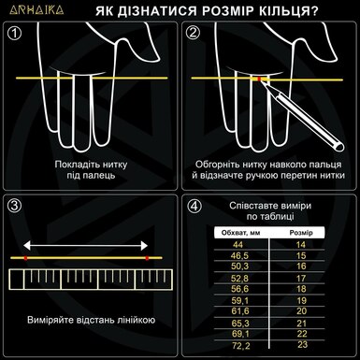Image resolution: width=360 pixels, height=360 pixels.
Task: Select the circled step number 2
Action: coord(193,35)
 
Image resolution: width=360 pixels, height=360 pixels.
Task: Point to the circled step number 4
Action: coord(193,206)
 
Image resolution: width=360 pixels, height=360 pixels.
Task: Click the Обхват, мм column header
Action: coord(238,231)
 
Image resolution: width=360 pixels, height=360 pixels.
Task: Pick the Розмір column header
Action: coord(300,231)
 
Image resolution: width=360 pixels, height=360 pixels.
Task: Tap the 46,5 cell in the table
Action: coord(239,253)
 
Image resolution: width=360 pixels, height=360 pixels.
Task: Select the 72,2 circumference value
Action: coord(239,345)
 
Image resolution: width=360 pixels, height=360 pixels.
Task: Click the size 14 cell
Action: coord(301,243)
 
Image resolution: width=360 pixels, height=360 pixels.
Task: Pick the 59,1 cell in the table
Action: coord(239,299)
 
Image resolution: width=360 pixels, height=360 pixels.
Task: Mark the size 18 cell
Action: coord(301,288)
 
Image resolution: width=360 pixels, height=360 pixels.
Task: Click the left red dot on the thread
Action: coord(28,256)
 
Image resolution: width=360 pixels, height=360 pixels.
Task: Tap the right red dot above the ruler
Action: coord(147,256)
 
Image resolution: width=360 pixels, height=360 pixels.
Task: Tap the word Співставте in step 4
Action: coord(252,204)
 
